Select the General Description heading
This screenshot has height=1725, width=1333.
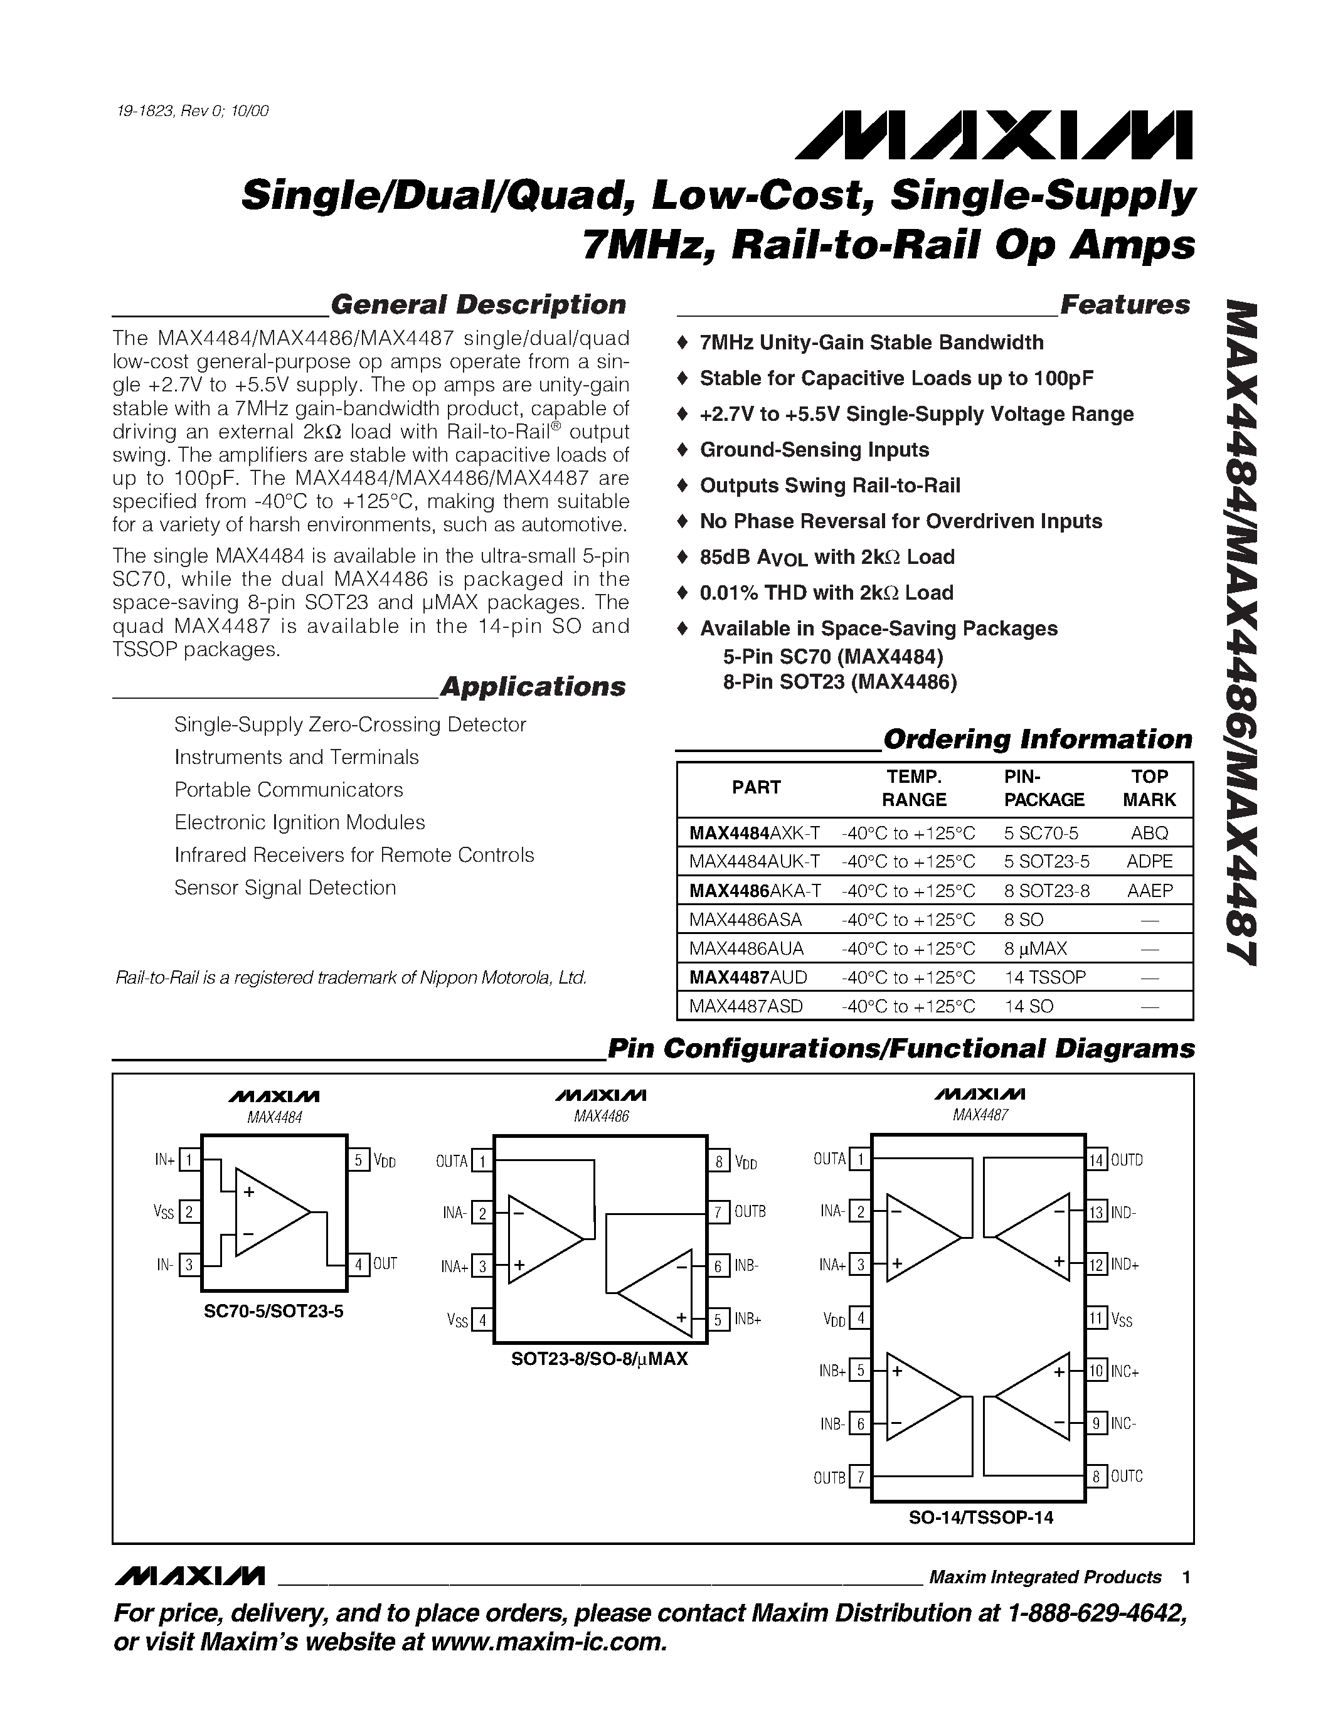tap(478, 305)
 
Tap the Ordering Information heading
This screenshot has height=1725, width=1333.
tap(1037, 740)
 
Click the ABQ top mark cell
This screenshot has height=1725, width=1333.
tap(1149, 832)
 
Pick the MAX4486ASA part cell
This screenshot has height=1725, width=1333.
tap(745, 920)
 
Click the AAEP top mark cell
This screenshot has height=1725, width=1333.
tap(1149, 890)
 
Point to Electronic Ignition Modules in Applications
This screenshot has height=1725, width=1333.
tap(299, 822)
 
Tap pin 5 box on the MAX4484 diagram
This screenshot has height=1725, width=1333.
tap(359, 1160)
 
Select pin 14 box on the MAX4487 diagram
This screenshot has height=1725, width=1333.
tap(1096, 1160)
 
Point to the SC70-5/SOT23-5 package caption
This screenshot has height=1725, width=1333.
tap(274, 1312)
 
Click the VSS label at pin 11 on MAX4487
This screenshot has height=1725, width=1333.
tap(1122, 1319)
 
